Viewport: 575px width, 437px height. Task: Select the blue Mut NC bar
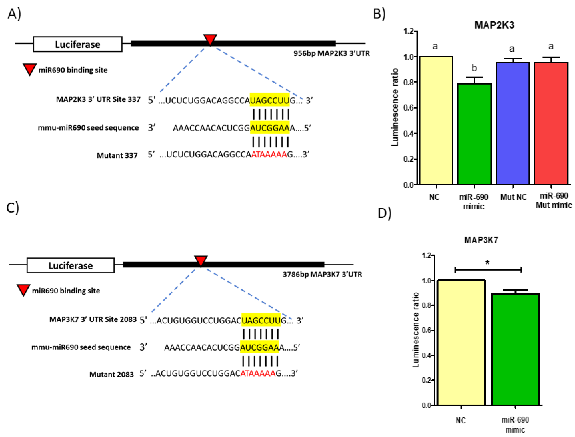click(513, 124)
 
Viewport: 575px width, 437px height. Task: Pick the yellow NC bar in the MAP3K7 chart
click(461, 342)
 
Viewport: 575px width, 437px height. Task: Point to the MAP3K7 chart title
click(481, 240)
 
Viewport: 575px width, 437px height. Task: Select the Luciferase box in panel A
click(77, 44)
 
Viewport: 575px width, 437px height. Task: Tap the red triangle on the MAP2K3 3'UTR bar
click(210, 39)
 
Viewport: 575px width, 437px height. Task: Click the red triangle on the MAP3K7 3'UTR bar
click(201, 260)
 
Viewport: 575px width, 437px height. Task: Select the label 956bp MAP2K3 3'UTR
click(331, 53)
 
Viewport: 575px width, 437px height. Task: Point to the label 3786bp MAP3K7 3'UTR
click(322, 274)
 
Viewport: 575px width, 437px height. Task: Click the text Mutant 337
click(117, 155)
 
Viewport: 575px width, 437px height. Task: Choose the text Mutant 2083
click(112, 374)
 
